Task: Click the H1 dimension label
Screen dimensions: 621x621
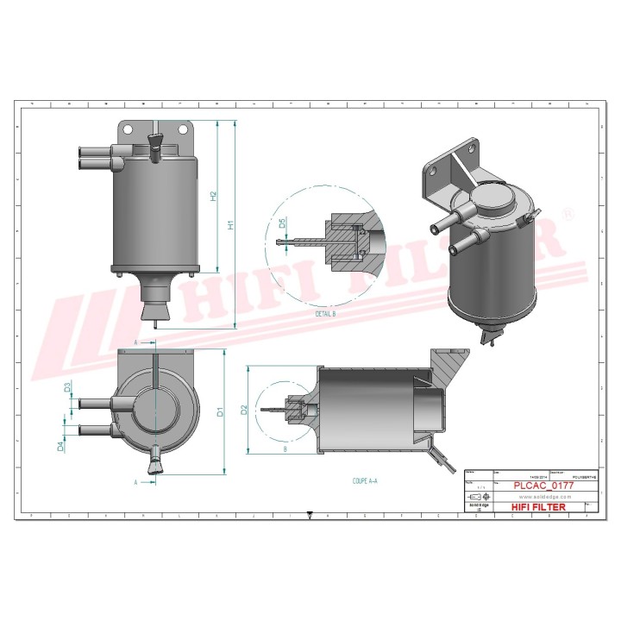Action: (230, 226)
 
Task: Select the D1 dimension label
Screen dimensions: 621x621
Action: (221, 412)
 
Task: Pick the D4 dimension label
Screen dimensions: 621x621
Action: (60, 446)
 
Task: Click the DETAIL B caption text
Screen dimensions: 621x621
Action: (325, 315)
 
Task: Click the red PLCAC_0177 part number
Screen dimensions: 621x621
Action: (543, 486)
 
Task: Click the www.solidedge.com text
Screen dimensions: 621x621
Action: (542, 497)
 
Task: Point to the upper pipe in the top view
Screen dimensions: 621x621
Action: (93, 403)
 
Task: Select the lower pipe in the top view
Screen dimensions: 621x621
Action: (93, 429)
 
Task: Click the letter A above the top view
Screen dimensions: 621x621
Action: (137, 342)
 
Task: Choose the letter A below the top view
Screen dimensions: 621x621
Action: (137, 480)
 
